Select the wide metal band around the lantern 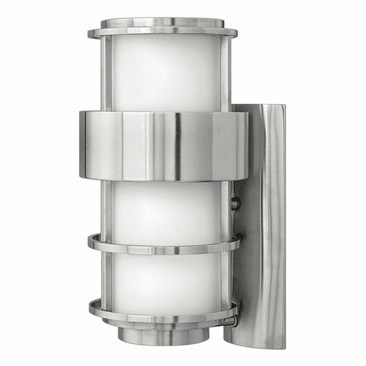click(x=163, y=144)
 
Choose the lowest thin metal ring click(x=163, y=311)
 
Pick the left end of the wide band click(x=83, y=144)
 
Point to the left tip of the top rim click(x=90, y=34)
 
